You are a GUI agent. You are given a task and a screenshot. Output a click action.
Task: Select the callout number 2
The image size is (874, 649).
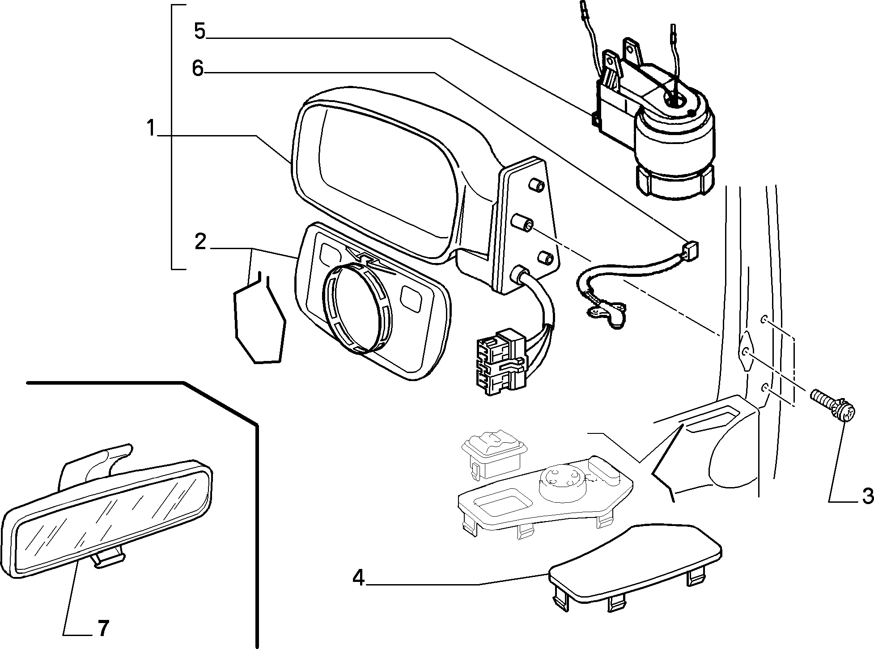click(x=200, y=242)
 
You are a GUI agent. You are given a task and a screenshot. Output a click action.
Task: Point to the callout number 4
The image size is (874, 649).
click(x=358, y=578)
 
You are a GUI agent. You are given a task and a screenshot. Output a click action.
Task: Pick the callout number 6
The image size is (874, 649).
click(x=197, y=69)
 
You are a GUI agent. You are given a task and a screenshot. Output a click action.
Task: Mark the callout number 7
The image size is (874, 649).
click(x=102, y=629)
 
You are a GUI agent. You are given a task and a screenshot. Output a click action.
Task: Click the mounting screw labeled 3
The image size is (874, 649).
click(x=833, y=405)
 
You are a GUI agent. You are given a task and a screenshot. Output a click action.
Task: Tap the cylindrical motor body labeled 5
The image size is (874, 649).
click(x=675, y=148)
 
